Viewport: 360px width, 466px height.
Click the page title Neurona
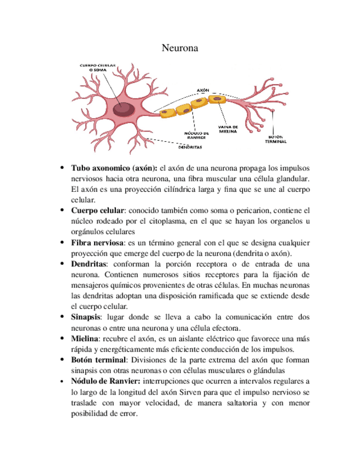(x=180, y=48)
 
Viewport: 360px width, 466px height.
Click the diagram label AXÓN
(x=203, y=90)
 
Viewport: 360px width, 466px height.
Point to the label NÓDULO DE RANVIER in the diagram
(x=195, y=135)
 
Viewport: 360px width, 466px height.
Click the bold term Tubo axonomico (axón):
(x=114, y=167)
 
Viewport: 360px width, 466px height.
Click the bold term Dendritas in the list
(x=90, y=264)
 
